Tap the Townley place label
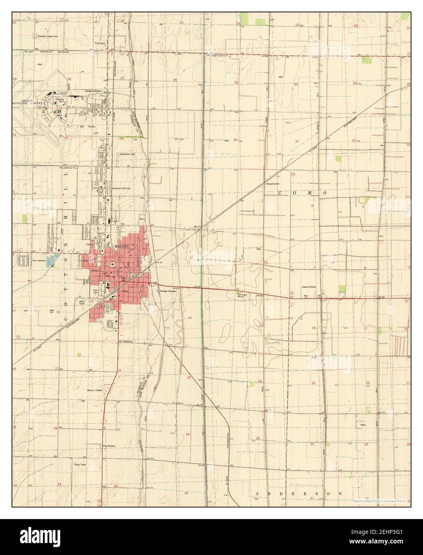(99, 42)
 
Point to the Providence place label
(109, 445)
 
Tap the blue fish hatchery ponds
(51, 262)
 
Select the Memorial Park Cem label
(122, 188)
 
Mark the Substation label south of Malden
(126, 342)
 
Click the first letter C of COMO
(280, 192)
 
